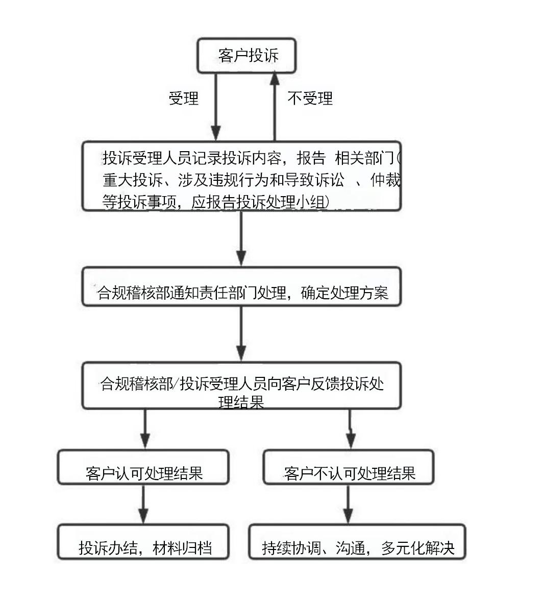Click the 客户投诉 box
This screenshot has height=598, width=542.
coord(247,55)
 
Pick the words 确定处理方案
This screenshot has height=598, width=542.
coord(344,292)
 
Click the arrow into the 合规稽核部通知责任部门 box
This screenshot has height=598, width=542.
coord(242,240)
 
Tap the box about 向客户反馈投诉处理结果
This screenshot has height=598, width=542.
coord(242,386)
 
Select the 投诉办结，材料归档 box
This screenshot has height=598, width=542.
coord(143,547)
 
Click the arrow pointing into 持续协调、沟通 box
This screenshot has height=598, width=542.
coord(348,506)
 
